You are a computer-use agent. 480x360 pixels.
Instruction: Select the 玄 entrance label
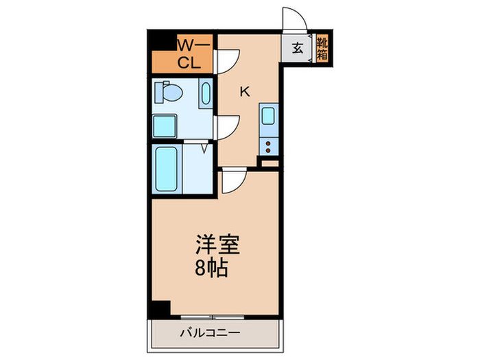[298, 48]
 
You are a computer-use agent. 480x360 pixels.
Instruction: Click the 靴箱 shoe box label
[321, 49]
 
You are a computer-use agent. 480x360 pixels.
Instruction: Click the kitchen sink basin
[268, 117]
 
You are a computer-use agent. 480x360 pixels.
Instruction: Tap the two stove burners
[268, 144]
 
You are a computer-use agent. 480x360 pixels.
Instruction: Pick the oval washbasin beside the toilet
[206, 95]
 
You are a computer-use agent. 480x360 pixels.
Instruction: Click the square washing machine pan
[165, 126]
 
